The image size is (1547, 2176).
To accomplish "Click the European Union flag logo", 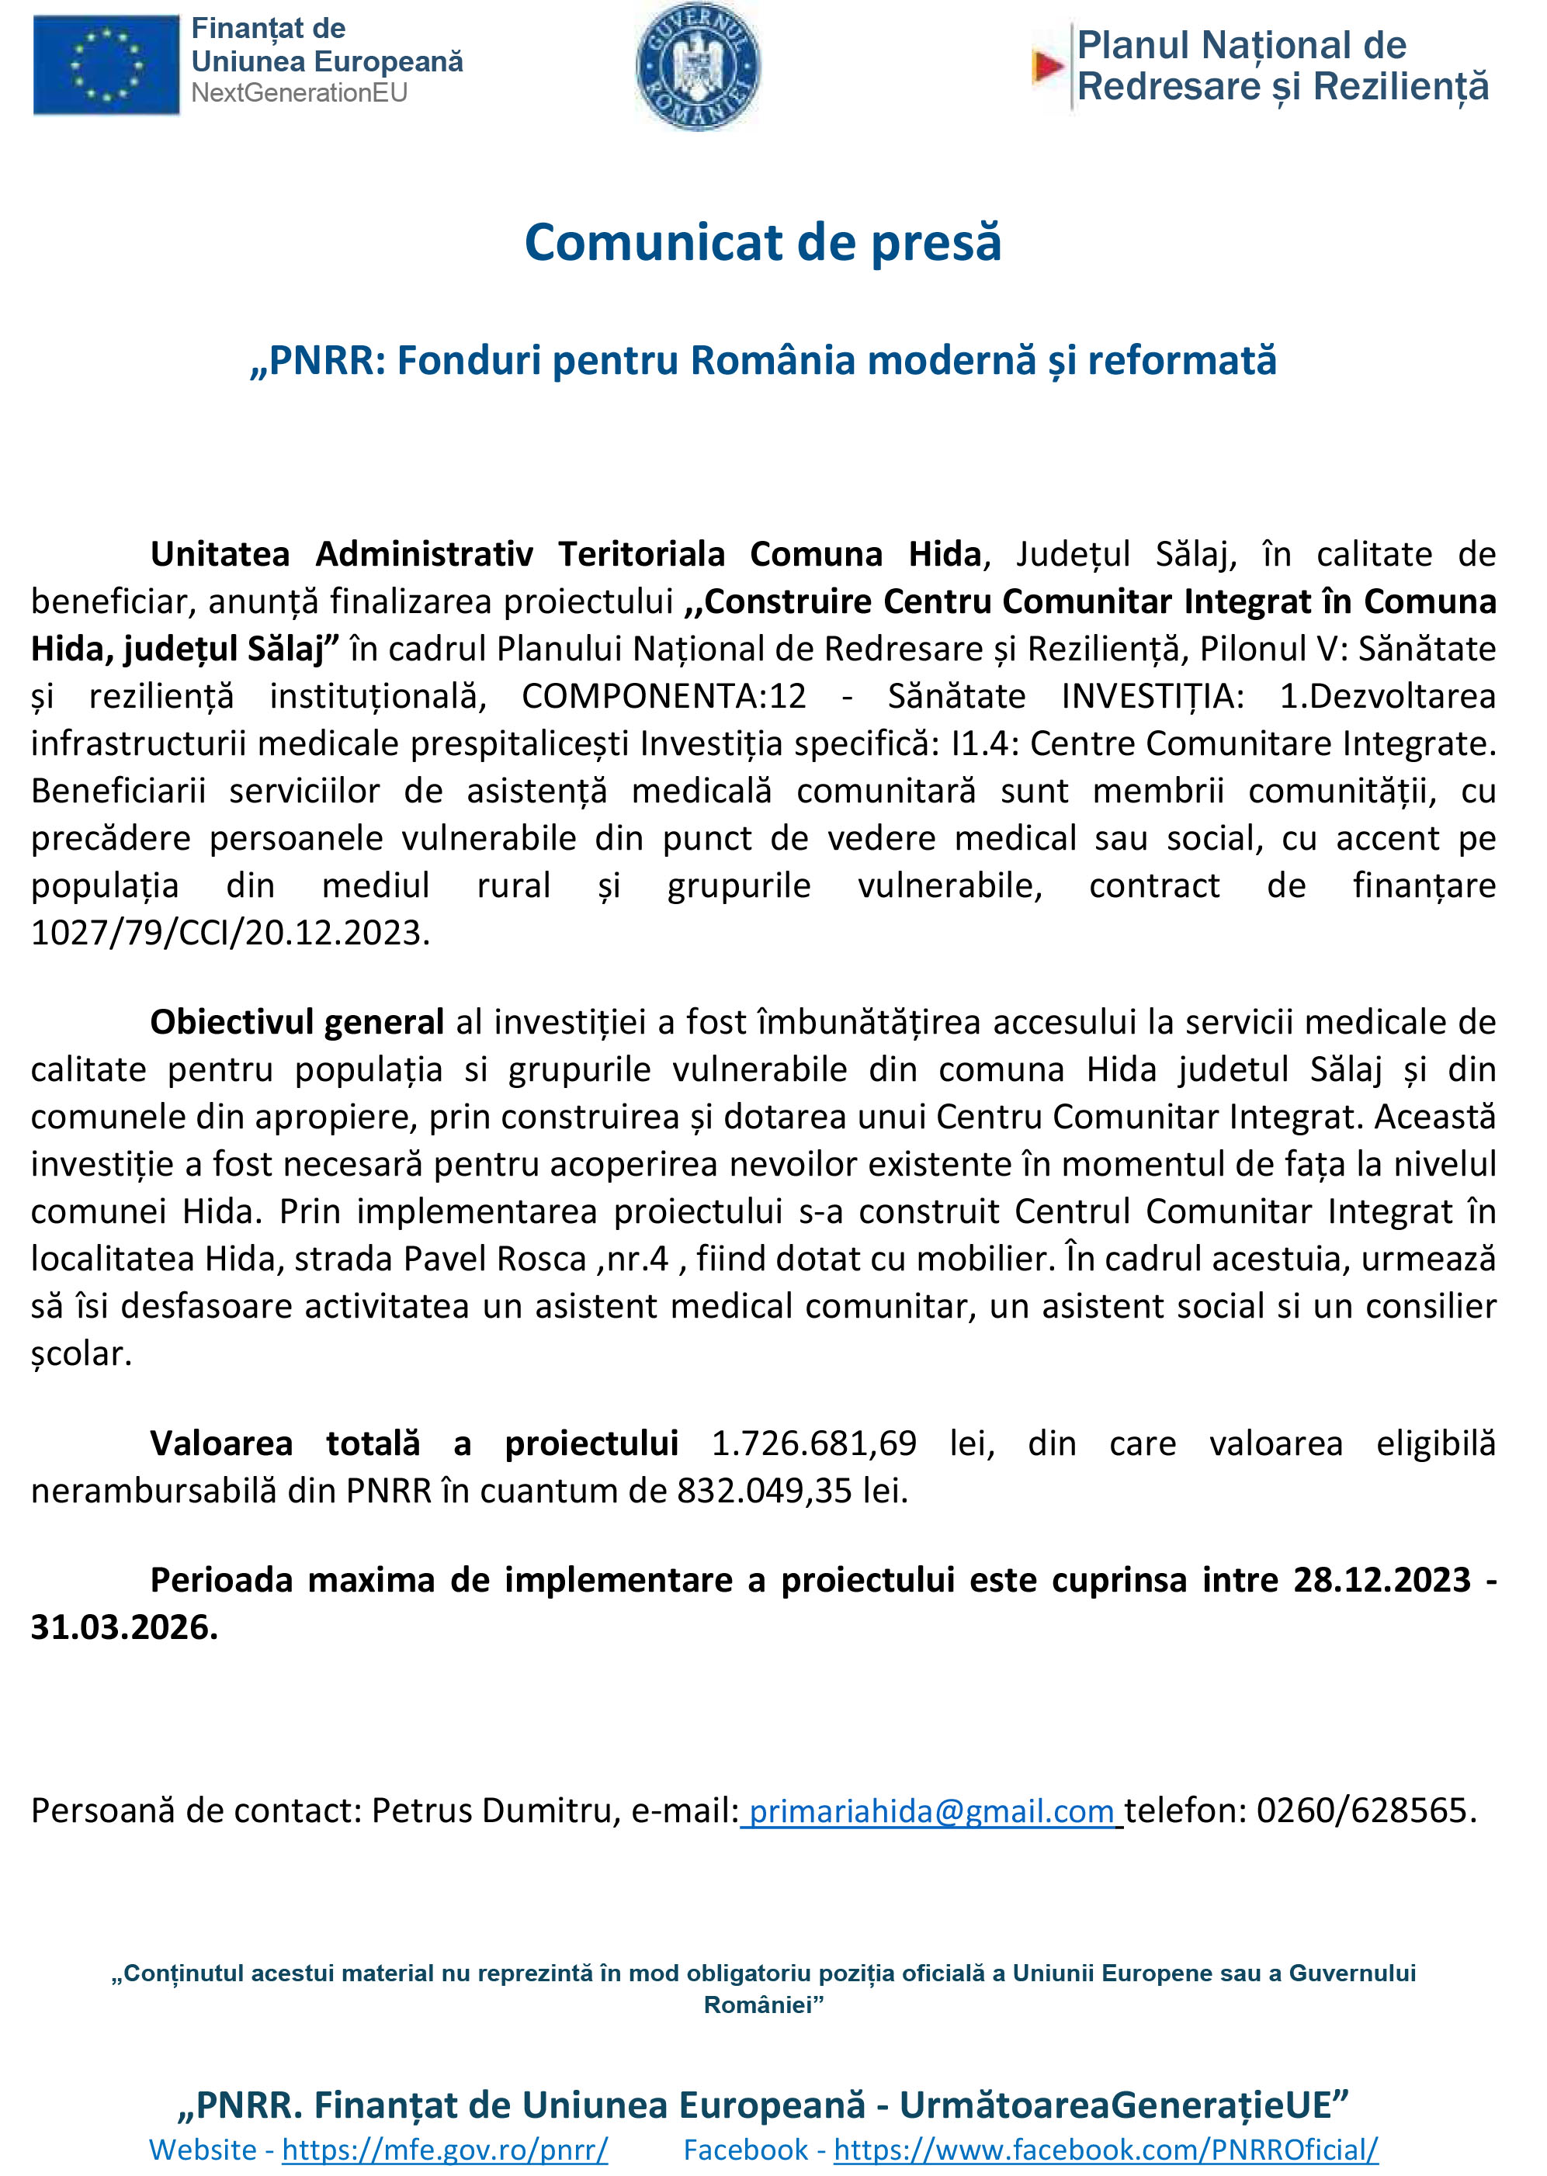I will [x=106, y=64].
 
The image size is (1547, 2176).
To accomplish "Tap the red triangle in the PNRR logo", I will [x=1048, y=66].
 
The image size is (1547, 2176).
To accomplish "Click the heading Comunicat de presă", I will [x=763, y=242].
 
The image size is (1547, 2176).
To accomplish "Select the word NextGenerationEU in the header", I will [x=299, y=93].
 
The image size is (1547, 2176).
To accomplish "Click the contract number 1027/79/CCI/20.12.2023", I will [x=230, y=932].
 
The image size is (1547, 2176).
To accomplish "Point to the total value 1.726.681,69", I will [x=813, y=1443].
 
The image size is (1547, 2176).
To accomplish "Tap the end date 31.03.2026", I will [x=124, y=1627].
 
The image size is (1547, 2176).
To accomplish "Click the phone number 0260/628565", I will [x=1363, y=1810].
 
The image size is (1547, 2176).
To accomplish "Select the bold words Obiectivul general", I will [x=297, y=1022].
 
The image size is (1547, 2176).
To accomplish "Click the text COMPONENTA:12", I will [x=663, y=696].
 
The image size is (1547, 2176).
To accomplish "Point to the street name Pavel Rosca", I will [x=494, y=1259].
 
